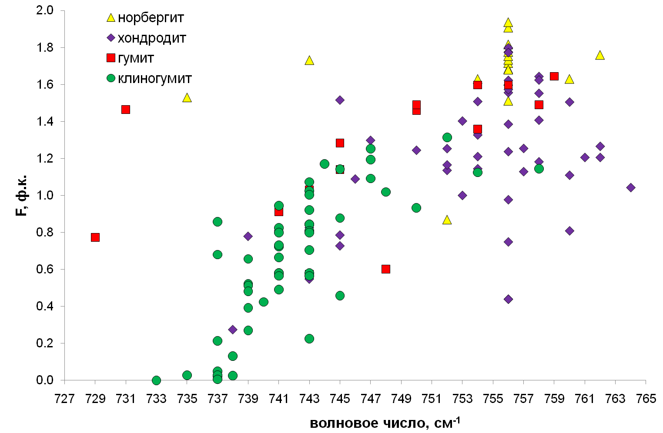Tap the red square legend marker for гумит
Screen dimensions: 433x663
pos(111,58)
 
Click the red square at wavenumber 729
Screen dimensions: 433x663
pos(95,237)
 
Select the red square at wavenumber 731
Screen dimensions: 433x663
pos(126,110)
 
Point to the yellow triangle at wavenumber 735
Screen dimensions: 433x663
pos(187,98)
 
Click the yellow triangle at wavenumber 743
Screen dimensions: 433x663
pos(309,60)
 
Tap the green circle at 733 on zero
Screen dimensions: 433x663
pos(157,380)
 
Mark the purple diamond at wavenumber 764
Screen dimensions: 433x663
pos(631,187)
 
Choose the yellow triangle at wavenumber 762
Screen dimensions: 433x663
pos(600,55)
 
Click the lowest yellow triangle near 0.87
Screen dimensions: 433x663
pos(447,220)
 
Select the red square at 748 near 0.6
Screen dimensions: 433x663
pos(386,269)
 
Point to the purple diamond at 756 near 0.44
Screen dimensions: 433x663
pos(508,299)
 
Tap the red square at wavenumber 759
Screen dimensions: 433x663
pos(554,77)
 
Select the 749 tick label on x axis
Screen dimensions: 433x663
pos(401,399)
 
